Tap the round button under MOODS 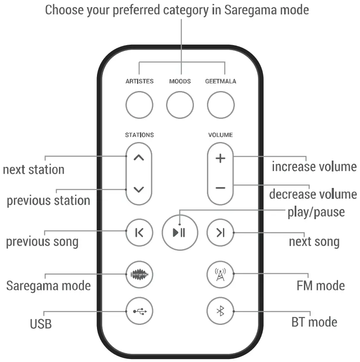(180, 105)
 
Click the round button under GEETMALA (220, 105)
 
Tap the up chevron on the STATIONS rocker (139, 158)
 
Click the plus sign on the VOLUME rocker (220, 159)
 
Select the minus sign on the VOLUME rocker (220, 188)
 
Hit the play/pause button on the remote (180, 232)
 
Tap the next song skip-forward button (220, 232)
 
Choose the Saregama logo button (139, 275)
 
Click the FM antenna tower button (220, 274)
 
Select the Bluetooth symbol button (220, 311)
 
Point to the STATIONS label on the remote (139, 135)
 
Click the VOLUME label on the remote (220, 135)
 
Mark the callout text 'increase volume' (314, 167)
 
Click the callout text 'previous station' (48, 200)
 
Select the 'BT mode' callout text (314, 322)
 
